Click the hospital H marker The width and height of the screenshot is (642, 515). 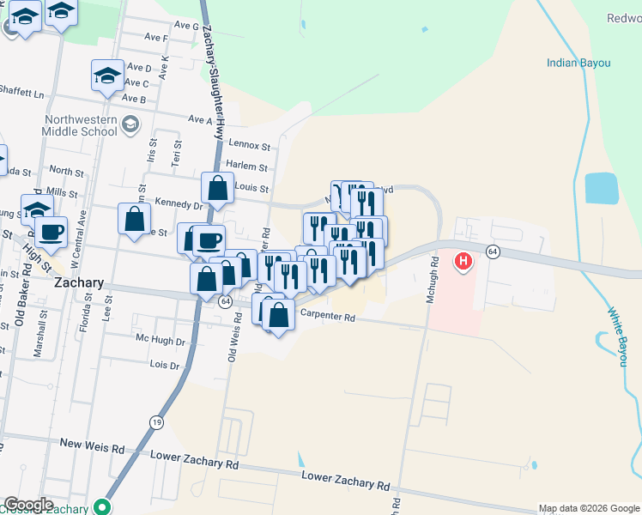(x=464, y=261)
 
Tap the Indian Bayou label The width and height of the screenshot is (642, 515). (x=578, y=63)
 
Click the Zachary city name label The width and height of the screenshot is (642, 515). (x=79, y=282)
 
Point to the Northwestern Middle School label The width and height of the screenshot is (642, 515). (x=80, y=125)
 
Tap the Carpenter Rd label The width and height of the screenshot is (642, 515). (x=327, y=317)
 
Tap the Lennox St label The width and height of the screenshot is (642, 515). (x=249, y=147)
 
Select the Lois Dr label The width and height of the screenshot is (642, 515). (x=164, y=365)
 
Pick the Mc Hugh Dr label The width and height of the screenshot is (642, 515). (x=160, y=340)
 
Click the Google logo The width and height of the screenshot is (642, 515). (x=27, y=505)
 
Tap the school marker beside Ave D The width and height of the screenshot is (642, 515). (x=107, y=76)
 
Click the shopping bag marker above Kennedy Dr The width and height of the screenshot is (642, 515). (x=218, y=188)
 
